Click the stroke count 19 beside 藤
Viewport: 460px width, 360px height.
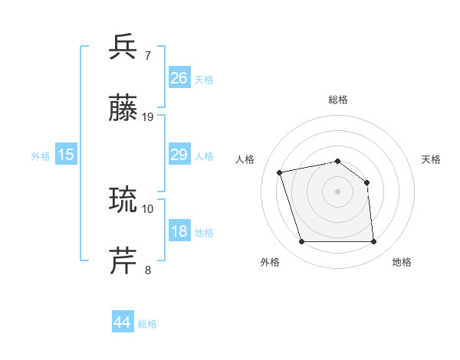coord(148,117)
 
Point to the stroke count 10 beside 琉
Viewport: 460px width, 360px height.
coord(148,208)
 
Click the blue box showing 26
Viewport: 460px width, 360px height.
coord(179,78)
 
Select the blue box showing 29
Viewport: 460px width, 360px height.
coord(179,155)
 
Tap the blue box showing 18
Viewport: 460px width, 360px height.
coord(179,231)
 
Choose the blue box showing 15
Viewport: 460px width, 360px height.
coord(66,155)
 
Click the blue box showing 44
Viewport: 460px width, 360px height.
coord(123,322)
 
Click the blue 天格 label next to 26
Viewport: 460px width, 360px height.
coord(204,80)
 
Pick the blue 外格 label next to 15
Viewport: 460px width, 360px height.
coord(41,156)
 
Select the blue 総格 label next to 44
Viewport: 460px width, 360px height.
coord(147,324)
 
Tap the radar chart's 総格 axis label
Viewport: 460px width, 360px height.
coord(337,100)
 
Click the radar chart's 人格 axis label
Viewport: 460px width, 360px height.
coord(246,159)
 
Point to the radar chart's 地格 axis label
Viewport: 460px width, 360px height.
coord(402,262)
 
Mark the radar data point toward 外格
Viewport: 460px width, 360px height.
coord(301,242)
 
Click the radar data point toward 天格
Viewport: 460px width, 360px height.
coord(366,182)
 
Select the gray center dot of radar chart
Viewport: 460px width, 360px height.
coord(337,191)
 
